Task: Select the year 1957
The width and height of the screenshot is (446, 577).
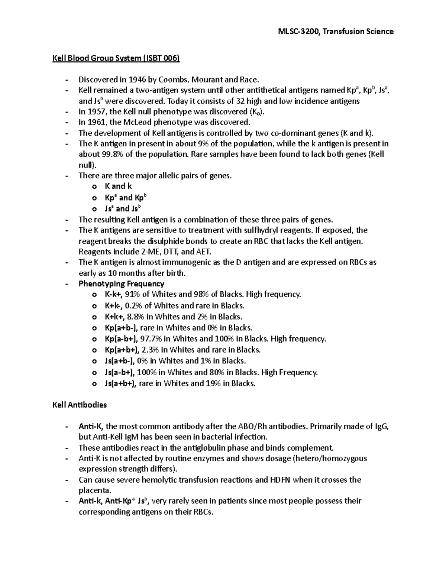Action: [97, 112]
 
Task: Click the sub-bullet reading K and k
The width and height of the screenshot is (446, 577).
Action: [118, 187]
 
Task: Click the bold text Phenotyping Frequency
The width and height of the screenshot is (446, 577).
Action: [121, 284]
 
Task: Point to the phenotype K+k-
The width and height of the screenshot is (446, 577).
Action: [113, 306]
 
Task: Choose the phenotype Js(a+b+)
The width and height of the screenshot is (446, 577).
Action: [120, 383]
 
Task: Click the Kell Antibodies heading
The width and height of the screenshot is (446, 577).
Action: [80, 405]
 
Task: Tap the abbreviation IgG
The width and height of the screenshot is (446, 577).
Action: [382, 427]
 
